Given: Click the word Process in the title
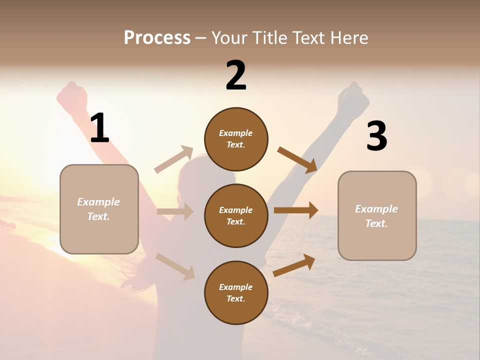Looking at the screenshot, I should click(x=157, y=38).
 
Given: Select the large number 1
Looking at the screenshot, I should click(x=99, y=128).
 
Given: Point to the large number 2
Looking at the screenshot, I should click(x=236, y=76).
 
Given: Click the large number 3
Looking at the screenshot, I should click(x=376, y=136).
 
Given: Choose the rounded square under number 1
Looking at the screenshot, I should click(x=99, y=209).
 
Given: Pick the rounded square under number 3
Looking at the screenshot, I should click(x=377, y=216).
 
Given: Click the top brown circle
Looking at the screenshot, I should click(x=236, y=139).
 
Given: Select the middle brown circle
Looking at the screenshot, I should click(x=236, y=215).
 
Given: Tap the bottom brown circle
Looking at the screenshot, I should click(x=236, y=292).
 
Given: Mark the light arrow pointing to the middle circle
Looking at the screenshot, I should click(x=175, y=211).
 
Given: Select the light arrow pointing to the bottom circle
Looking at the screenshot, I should click(x=175, y=266).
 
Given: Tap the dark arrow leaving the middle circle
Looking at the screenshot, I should click(x=296, y=210).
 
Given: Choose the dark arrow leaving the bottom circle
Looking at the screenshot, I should click(x=294, y=265).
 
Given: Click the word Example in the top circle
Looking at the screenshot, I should click(x=235, y=133).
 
